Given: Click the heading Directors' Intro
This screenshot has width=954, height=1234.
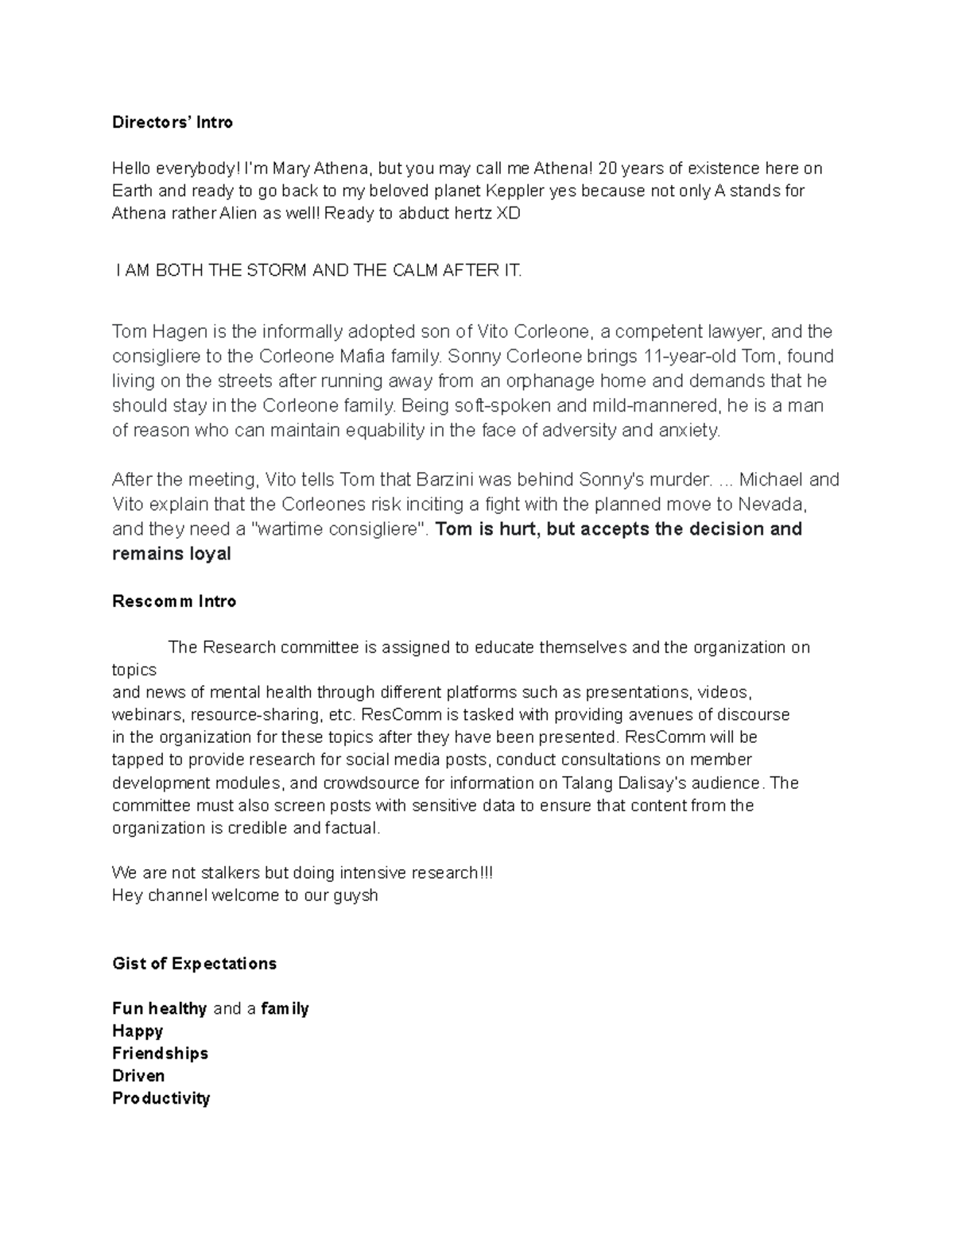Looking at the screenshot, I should [x=172, y=122].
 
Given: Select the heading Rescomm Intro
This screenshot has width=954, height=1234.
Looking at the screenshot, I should [x=174, y=602].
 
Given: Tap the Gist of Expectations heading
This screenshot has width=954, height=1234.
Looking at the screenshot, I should [x=194, y=964].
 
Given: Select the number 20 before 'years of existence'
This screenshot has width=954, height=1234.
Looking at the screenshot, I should [x=607, y=168].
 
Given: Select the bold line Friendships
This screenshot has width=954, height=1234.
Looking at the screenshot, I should [x=160, y=1054].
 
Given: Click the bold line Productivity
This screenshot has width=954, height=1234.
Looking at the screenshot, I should [x=161, y=1099].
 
